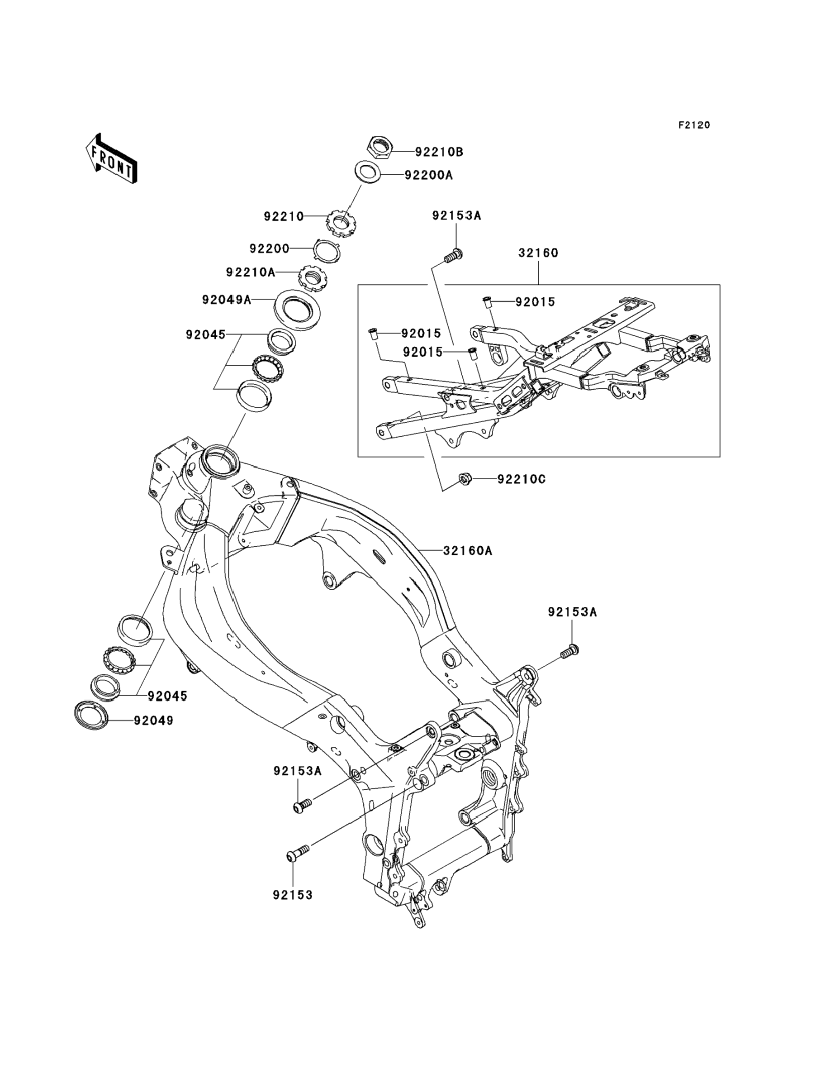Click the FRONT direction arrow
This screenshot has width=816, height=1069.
pos(111,158)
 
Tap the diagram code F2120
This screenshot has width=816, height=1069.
pos(694,125)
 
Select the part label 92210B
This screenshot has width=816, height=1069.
pos(439,152)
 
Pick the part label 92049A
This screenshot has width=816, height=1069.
pos(227,300)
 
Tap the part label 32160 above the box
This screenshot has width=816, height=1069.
pos(538,253)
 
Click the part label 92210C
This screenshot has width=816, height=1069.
pos(521,479)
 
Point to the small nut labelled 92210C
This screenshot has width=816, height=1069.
pos(464,480)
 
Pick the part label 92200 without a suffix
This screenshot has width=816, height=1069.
pos(269,248)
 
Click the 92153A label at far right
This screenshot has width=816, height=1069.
pos(572,612)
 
